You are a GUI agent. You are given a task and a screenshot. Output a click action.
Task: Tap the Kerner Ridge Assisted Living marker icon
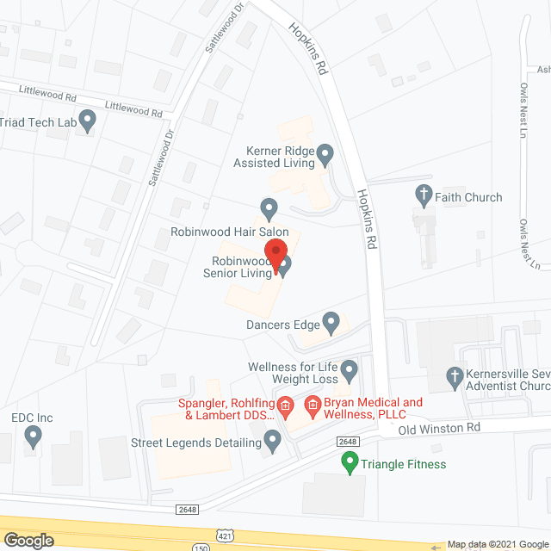click(325, 155)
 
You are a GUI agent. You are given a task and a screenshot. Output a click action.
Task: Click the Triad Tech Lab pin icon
click(87, 120)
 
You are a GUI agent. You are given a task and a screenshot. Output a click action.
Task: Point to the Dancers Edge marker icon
click(332, 324)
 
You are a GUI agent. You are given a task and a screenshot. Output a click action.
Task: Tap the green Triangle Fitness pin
click(350, 463)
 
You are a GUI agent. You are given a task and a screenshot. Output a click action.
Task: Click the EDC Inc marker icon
click(33, 436)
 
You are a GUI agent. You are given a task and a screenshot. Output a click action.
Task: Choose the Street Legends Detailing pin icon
click(273, 443)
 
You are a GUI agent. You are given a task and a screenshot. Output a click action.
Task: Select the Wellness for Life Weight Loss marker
click(349, 371)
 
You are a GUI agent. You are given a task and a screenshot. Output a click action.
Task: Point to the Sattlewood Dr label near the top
click(213, 32)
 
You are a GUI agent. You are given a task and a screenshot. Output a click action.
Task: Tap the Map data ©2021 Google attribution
click(497, 544)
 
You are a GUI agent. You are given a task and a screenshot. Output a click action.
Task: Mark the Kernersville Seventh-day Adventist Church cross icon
click(455, 376)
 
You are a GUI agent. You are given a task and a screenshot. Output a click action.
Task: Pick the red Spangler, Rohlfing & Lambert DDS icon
click(285, 403)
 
